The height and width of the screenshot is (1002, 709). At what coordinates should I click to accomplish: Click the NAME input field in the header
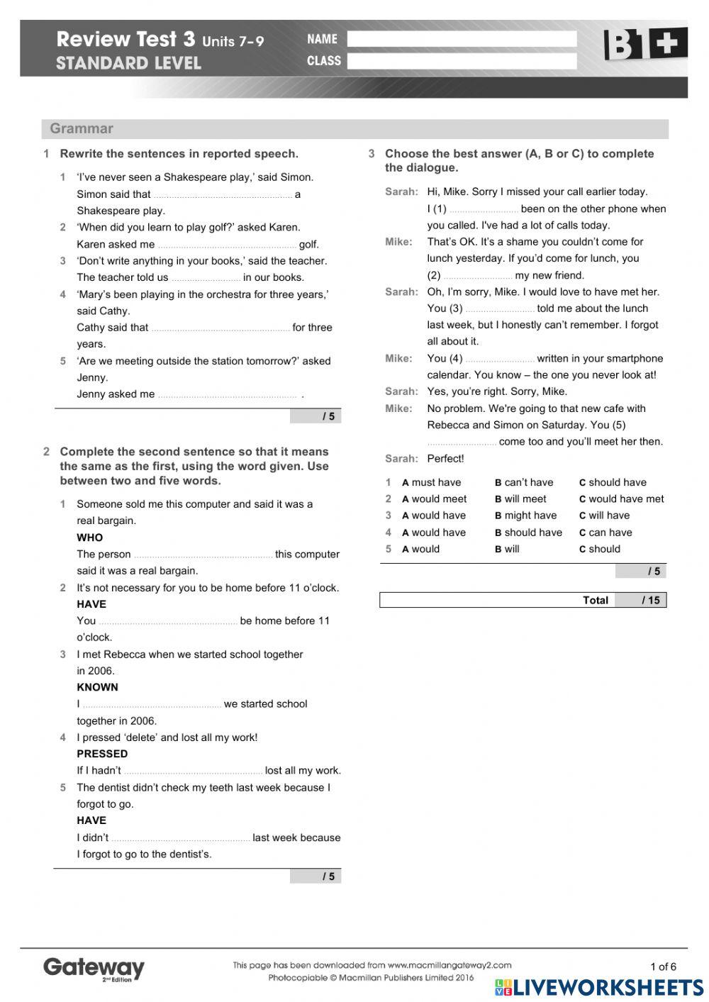[462, 39]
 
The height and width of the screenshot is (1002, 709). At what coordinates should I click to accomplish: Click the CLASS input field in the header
[462, 62]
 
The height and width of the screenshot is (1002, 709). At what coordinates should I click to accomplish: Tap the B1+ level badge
[644, 44]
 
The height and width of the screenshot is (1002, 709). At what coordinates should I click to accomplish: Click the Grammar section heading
[82, 128]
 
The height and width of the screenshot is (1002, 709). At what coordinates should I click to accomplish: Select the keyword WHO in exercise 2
[90, 538]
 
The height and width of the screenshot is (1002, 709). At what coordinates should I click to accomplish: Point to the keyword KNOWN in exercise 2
[97, 687]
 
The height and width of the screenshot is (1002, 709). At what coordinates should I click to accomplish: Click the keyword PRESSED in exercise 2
[102, 754]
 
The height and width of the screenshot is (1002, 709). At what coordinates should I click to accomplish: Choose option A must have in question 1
[431, 482]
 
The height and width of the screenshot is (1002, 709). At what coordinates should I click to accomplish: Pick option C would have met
[621, 499]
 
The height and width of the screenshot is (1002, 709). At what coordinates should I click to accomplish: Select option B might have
[525, 516]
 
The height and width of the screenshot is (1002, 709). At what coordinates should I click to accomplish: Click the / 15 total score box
[641, 600]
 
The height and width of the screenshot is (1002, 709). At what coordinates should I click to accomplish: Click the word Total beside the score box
[595, 600]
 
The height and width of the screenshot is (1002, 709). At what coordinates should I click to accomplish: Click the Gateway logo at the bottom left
[94, 969]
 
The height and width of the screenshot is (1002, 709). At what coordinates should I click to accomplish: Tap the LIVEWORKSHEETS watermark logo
[599, 988]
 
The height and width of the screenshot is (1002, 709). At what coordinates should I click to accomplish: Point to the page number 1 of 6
[663, 967]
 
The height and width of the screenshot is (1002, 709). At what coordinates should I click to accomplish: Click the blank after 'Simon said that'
[223, 195]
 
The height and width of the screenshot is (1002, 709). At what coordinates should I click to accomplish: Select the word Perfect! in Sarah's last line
[445, 459]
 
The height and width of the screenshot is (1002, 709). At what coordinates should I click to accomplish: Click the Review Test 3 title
[125, 39]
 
